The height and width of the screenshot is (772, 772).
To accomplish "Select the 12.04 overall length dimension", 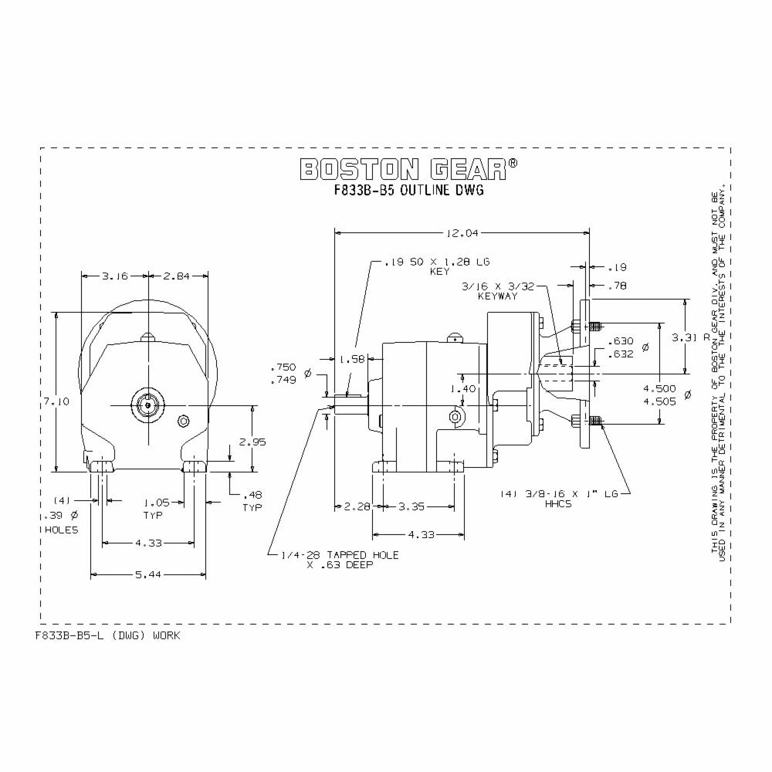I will coord(462,232).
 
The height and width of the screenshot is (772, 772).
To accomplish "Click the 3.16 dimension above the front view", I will coord(115,276).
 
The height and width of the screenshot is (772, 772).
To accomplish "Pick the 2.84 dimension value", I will coord(178,276).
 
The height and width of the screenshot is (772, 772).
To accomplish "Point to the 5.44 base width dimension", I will coord(148,575).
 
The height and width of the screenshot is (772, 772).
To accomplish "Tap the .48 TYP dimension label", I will coord(252,501).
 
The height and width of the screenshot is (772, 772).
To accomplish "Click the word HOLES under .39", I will coord(62,530).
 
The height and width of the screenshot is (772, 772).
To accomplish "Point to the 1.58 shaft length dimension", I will coord(351,359).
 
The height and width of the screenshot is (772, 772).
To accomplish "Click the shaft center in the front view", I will coord(147,404).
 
